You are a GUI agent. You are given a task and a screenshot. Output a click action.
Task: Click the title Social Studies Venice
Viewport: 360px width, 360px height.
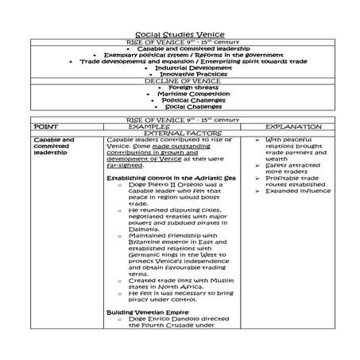point(180,35)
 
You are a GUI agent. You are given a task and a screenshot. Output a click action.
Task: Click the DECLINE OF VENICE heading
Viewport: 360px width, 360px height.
point(180,80)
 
